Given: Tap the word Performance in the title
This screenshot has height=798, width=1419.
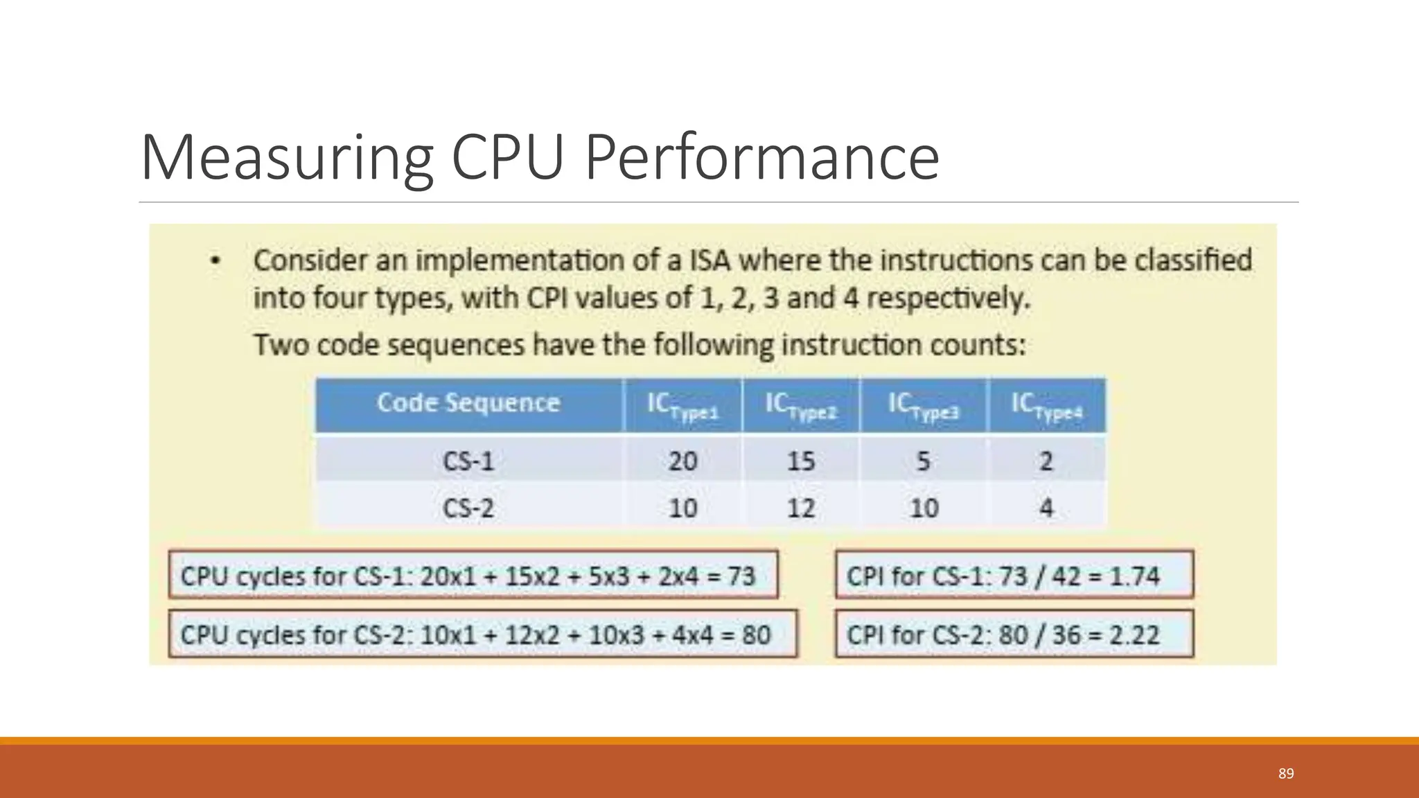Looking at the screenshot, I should (761, 158).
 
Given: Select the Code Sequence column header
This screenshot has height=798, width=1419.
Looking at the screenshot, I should (468, 403).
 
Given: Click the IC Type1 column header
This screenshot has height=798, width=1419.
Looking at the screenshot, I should (682, 406).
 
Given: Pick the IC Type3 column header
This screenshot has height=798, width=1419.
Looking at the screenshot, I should (924, 406).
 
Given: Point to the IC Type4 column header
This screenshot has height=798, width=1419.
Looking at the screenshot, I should (1046, 406).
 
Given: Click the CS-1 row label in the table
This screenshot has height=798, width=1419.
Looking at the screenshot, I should (468, 461).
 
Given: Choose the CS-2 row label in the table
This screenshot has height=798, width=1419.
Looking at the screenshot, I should (468, 508).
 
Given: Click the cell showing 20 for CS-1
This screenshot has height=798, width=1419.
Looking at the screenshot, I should (682, 461).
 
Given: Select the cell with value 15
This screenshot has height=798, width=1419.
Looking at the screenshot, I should (801, 461).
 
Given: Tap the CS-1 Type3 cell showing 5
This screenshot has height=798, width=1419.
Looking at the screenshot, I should (924, 461).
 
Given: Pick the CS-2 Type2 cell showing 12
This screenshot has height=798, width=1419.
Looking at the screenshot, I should (801, 508).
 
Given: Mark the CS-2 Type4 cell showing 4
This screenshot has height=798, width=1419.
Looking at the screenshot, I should (1046, 508).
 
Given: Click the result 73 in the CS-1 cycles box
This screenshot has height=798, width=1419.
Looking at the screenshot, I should (741, 576).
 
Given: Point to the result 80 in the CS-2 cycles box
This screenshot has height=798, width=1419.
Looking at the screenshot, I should (756, 635).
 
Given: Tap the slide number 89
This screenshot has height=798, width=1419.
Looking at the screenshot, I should (1286, 774).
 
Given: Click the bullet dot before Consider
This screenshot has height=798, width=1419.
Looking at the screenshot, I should (215, 262).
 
